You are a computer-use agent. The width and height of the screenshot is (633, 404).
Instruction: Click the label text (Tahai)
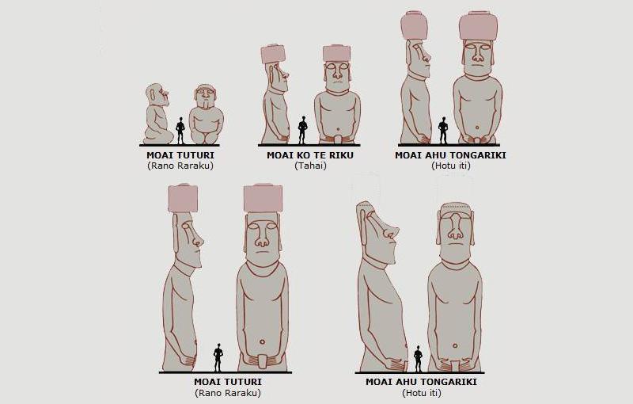tap(310, 166)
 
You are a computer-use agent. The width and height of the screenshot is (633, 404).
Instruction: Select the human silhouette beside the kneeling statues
tap(180, 131)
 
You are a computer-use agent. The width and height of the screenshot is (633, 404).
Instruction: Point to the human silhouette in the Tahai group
tap(302, 130)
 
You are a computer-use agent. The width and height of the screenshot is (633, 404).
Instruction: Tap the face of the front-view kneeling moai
tap(206, 97)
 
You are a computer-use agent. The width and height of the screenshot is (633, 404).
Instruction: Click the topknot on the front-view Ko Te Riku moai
tap(337, 54)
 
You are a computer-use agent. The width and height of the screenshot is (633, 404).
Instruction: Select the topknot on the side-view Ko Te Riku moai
tap(273, 55)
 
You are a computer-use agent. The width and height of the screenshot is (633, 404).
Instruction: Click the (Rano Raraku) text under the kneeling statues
tap(180, 166)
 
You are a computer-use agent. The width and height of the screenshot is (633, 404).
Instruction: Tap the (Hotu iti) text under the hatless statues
tap(422, 393)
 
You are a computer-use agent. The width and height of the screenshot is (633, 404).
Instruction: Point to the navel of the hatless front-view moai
tap(456, 346)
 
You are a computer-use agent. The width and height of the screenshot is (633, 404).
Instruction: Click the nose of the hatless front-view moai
tap(456, 228)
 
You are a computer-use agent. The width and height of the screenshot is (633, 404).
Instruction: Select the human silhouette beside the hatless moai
tap(419, 359)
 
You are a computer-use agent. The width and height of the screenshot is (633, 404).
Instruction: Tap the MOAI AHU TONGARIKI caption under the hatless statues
tap(421, 382)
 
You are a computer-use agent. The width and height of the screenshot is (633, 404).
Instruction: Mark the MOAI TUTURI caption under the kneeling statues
tap(180, 155)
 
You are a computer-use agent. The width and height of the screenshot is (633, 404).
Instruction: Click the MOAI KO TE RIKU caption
tap(310, 155)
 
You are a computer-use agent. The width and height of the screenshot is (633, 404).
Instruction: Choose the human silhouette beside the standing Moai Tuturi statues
tap(218, 357)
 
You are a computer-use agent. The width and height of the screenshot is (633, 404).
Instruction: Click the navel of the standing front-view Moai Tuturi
tap(263, 342)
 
